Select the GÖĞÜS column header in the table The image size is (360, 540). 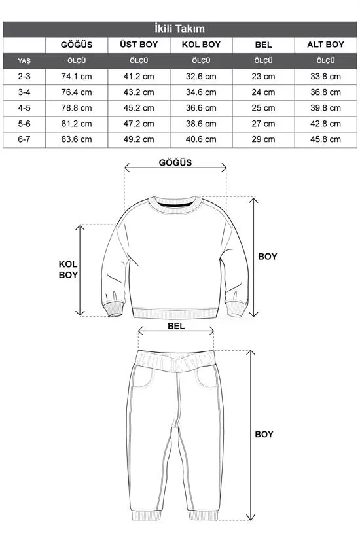coord(76,45)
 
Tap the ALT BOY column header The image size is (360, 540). coord(325,45)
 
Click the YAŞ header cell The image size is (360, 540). coord(24,60)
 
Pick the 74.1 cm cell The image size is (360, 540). coord(76,76)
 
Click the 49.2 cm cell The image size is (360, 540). coord(139,139)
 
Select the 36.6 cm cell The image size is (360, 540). coord(201,108)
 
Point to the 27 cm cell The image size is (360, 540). coord(263,124)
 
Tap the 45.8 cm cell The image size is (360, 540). coord(325,139)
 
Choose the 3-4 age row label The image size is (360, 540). coord(24,92)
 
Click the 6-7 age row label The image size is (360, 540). coord(24,139)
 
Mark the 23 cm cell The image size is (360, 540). coord(263,76)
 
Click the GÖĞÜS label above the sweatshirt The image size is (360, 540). coord(175,163)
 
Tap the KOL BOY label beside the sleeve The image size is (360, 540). coord(68,269)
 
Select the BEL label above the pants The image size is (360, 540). coord(176,325)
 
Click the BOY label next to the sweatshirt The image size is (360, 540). coord(267,257)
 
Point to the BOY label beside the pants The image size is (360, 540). coord(264,434)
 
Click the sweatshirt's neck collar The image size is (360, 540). coord(175,207)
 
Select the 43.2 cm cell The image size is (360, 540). coord(139,92)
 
